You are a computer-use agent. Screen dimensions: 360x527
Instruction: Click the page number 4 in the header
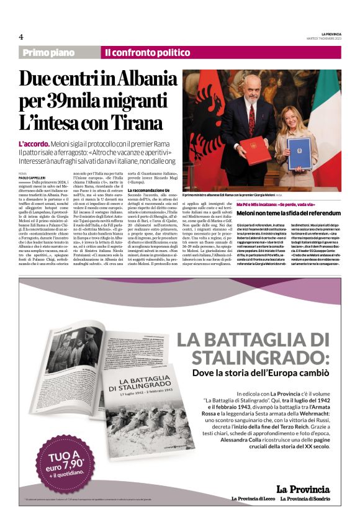[21, 37]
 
